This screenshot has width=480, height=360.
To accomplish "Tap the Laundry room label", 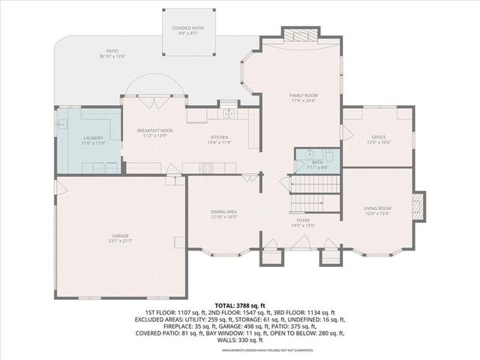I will point(93,139).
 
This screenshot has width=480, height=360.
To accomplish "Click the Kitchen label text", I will point(219,139).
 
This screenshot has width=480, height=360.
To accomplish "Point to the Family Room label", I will point(304,97).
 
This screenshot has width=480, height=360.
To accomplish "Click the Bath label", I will point(318,164).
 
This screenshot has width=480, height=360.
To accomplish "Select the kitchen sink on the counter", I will point(229,114).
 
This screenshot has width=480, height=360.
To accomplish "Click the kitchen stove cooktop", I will point(206,168).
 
